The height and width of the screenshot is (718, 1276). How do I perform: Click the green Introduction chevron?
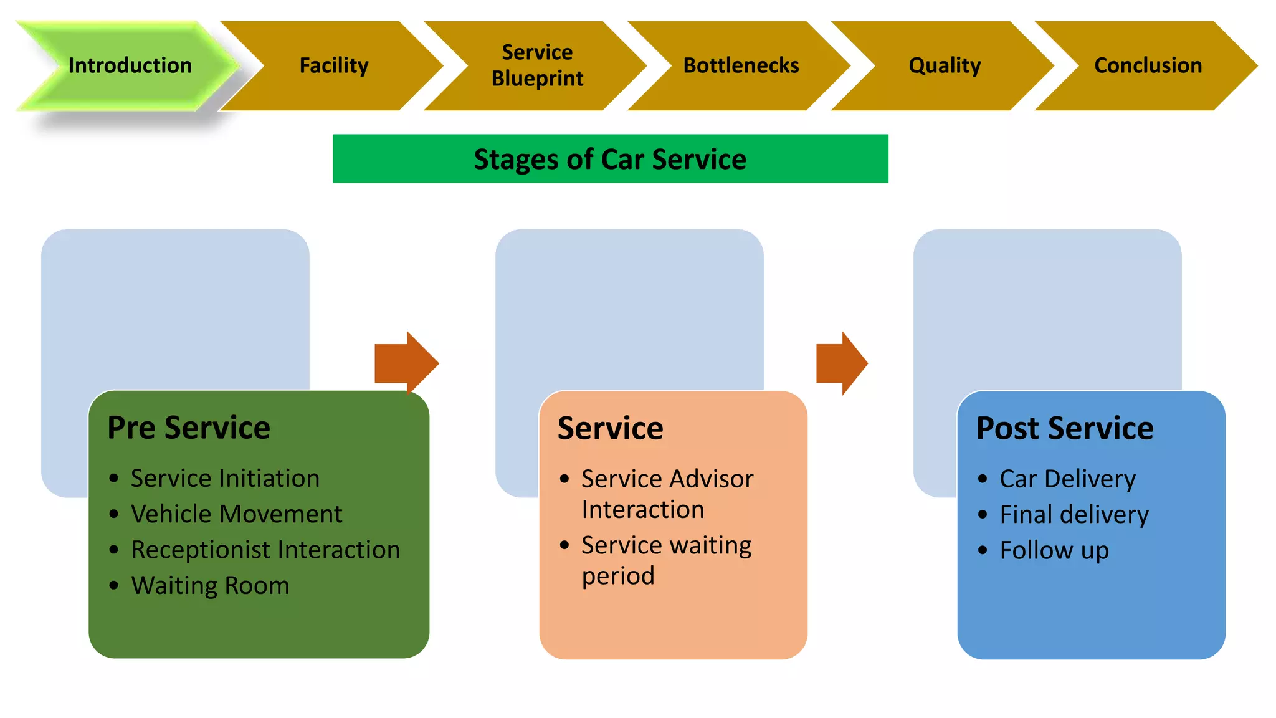point(130,65)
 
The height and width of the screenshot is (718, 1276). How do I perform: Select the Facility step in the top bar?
point(334,65)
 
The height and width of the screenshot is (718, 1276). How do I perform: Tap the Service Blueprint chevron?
point(537,65)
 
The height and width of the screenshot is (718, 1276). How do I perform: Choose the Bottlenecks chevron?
point(741,65)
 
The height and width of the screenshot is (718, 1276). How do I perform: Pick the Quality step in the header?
point(945,65)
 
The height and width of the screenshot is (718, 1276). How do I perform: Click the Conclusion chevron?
point(1148,65)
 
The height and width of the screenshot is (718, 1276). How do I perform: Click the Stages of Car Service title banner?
point(610,159)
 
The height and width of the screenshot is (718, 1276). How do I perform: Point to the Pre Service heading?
point(189,428)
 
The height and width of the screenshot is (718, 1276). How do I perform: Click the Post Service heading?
point(1065,428)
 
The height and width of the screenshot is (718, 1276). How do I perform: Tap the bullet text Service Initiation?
point(225,478)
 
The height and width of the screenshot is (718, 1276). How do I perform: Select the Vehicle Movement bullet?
point(236,514)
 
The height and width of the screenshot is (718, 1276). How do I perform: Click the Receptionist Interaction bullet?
point(265,550)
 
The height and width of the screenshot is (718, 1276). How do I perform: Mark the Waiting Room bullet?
point(210,585)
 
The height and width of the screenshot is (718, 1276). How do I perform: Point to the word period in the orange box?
point(618,576)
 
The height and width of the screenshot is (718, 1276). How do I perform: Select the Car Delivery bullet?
point(1067,479)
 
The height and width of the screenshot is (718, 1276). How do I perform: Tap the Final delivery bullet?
point(1074,515)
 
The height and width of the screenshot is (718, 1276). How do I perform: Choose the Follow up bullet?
point(1054,550)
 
